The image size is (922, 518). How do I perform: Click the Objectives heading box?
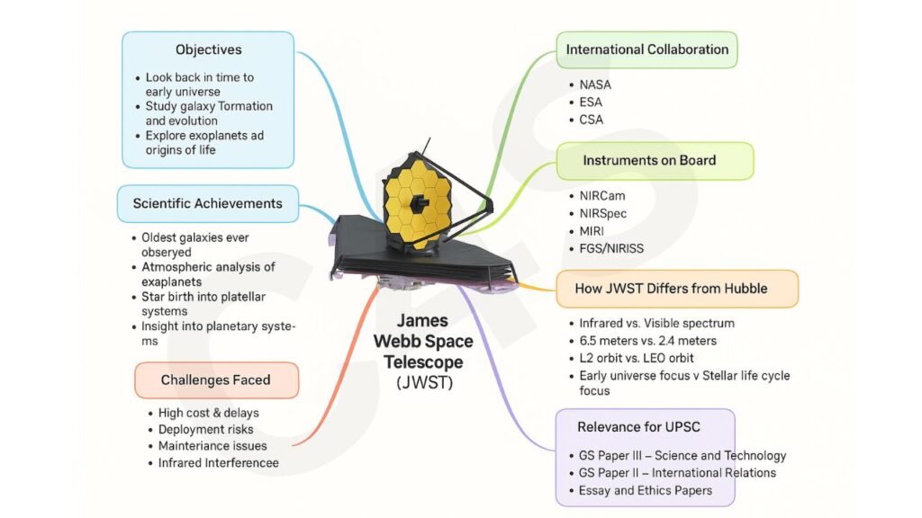(x=208, y=49)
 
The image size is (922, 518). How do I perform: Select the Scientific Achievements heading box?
(x=207, y=203)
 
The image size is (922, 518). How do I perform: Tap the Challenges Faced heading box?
(x=215, y=380)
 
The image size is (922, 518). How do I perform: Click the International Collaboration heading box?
(x=646, y=49)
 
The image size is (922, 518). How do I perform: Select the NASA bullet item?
(x=594, y=85)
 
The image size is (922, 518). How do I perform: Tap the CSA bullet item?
(x=592, y=119)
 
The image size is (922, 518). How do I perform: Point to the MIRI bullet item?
(x=593, y=230)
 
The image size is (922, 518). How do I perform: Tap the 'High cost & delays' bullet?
(x=208, y=413)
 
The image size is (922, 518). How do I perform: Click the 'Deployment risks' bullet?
(x=205, y=429)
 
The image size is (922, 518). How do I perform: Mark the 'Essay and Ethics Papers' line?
(x=646, y=490)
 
